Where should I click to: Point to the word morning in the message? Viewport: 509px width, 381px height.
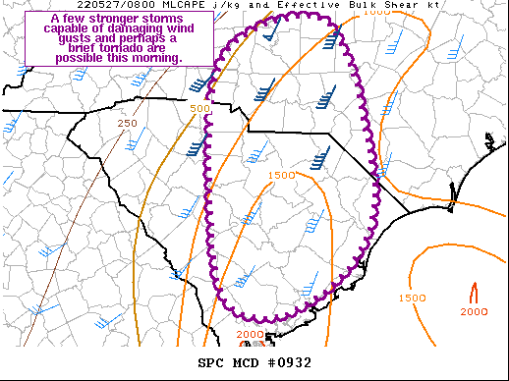coord(156,59)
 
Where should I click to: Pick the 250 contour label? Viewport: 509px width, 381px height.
coord(127,123)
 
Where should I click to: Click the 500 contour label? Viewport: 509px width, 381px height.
coord(199,108)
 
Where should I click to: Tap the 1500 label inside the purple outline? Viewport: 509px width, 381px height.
coord(281,175)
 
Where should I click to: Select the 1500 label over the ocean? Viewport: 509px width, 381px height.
coord(412,298)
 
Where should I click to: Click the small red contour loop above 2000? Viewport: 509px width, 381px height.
coord(474,292)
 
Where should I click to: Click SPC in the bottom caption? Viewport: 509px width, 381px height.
coord(210,362)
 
